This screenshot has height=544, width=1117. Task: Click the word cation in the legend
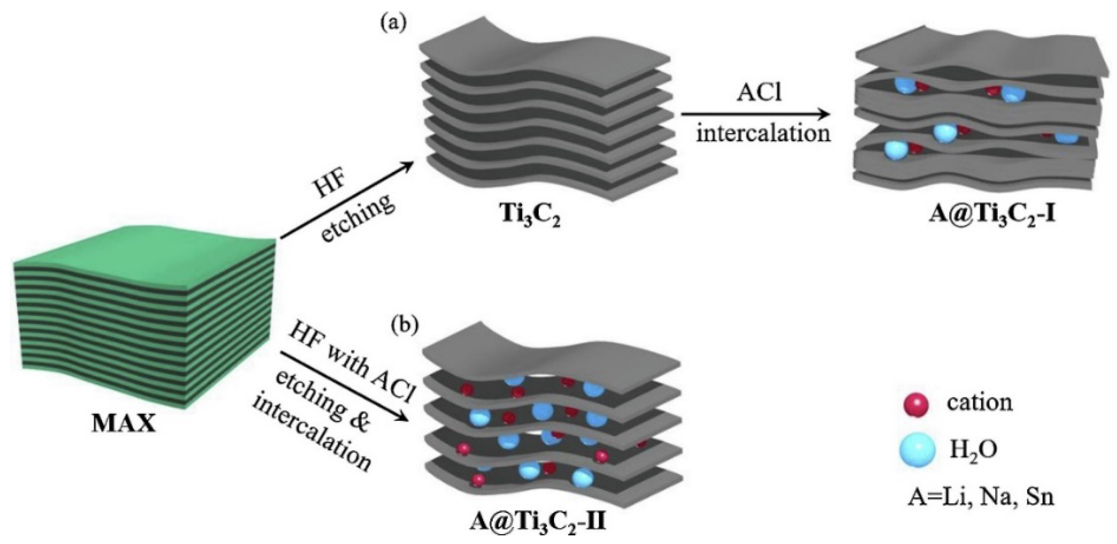pyautogui.click(x=980, y=402)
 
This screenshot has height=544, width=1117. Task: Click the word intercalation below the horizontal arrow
pyautogui.click(x=763, y=134)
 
